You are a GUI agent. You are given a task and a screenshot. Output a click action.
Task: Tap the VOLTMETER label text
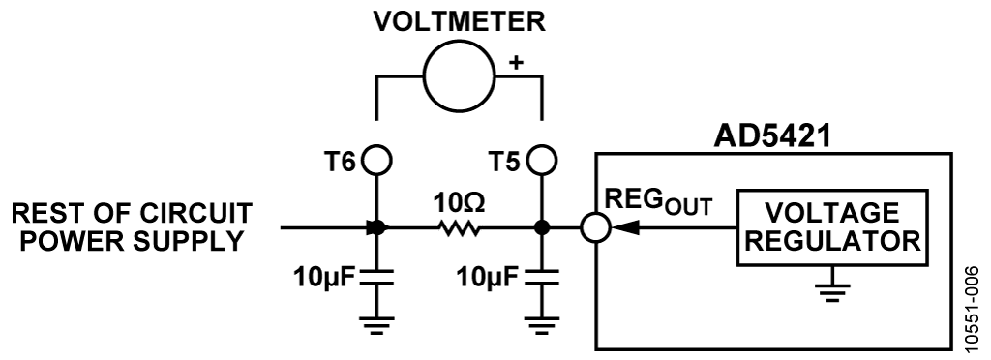click(460, 21)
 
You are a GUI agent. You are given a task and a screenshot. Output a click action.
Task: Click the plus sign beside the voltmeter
click(517, 62)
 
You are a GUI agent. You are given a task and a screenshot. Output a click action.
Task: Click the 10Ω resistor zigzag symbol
click(460, 227)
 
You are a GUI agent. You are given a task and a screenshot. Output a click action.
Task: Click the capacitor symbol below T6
click(376, 277)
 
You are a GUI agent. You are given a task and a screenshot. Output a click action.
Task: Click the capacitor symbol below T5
click(542, 277)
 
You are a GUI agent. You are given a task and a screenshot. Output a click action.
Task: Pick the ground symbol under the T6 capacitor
click(376, 324)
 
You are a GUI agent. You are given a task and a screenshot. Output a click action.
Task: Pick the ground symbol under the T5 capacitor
click(542, 324)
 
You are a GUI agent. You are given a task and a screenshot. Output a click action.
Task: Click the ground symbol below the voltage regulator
click(831, 292)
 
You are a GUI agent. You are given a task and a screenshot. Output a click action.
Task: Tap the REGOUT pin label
click(658, 202)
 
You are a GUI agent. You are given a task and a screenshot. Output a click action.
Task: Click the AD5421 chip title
click(772, 136)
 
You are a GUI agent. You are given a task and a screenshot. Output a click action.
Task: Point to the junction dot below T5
click(542, 227)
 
